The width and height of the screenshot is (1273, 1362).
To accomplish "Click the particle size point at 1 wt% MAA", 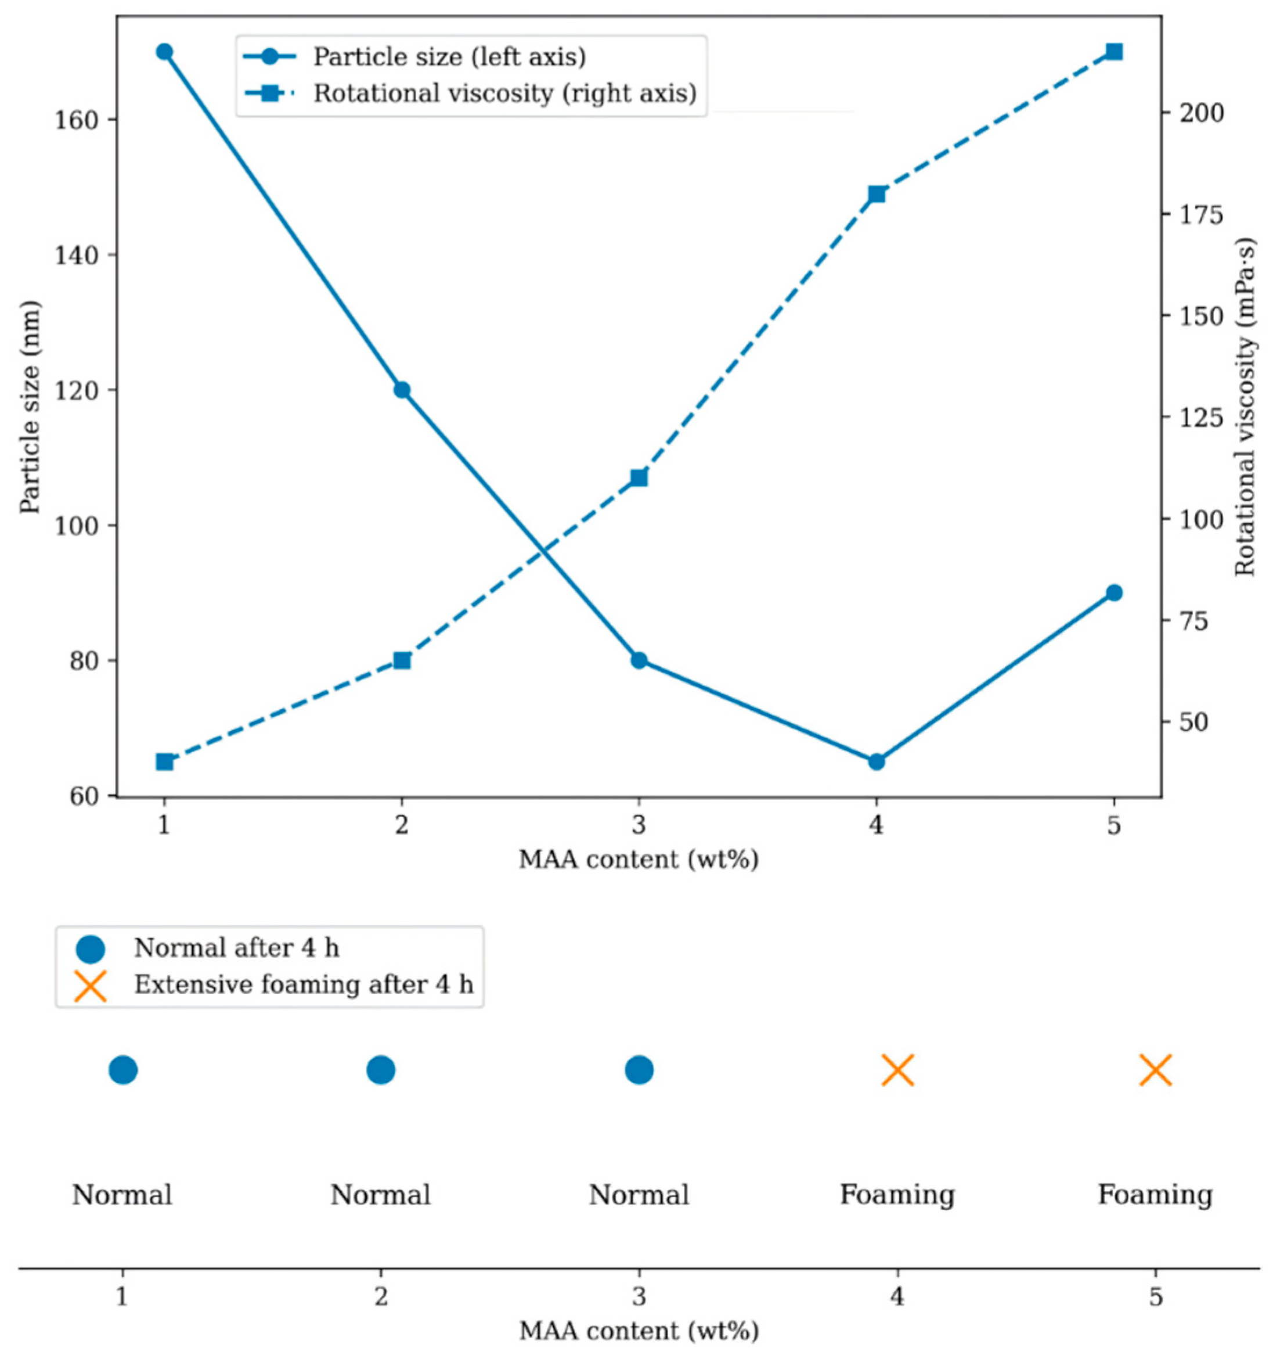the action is pyautogui.click(x=164, y=52).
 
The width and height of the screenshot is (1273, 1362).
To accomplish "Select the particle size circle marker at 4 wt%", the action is pyautogui.click(x=877, y=762).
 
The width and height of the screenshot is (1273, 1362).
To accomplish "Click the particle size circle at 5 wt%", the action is pyautogui.click(x=1114, y=592).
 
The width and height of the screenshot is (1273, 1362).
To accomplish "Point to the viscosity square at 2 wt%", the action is pyautogui.click(x=402, y=660).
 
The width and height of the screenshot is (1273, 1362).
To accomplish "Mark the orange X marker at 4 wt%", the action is pyautogui.click(x=898, y=1070).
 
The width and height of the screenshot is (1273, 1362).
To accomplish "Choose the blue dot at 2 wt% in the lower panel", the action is pyautogui.click(x=381, y=1070).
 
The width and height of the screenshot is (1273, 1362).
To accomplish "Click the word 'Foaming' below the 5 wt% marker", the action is pyautogui.click(x=1155, y=1195).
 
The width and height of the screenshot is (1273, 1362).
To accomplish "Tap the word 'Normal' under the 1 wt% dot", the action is pyautogui.click(x=122, y=1195).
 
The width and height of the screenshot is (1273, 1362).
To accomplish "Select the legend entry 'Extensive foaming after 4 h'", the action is pyautogui.click(x=304, y=984).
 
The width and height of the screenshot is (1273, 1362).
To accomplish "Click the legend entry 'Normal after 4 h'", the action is pyautogui.click(x=236, y=948).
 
